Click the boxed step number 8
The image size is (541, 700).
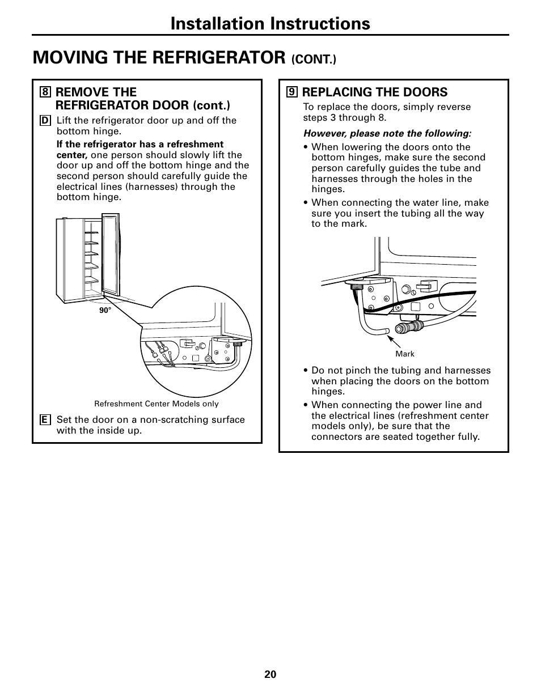(x=45, y=92)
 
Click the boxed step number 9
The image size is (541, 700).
(x=292, y=92)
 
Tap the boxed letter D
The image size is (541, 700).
(x=45, y=120)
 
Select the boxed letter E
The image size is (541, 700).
(x=45, y=420)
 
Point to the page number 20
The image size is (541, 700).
(x=270, y=674)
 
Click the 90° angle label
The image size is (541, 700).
(x=105, y=311)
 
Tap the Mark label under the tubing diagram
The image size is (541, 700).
(x=405, y=354)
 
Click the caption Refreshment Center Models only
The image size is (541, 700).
(x=156, y=404)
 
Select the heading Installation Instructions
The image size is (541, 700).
(x=269, y=23)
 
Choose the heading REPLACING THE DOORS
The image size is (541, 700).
(x=375, y=92)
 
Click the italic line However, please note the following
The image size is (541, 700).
(x=387, y=134)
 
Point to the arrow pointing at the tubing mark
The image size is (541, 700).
(x=394, y=341)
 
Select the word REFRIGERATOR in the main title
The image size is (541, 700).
(x=215, y=57)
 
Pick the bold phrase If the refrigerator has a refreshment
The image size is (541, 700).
(x=140, y=145)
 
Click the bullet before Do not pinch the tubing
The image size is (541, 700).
(x=306, y=371)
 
